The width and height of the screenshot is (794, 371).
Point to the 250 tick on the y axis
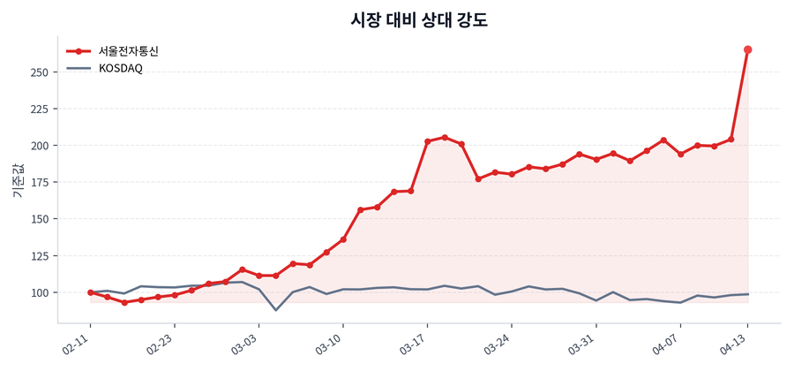click(x=40, y=72)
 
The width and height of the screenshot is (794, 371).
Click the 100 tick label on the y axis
click(x=40, y=292)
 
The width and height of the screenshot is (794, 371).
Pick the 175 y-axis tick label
click(x=40, y=182)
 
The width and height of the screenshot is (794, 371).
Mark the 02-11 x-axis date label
click(x=78, y=341)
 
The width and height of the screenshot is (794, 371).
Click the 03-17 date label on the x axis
click(x=415, y=341)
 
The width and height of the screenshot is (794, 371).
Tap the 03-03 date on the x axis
click(x=246, y=341)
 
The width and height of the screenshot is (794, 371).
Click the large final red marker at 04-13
click(x=748, y=49)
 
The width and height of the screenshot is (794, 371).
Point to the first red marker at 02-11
click(x=90, y=292)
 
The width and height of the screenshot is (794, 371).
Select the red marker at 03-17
click(x=428, y=141)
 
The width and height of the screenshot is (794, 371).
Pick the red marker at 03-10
click(x=343, y=239)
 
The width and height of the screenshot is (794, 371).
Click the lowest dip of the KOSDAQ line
click(x=276, y=310)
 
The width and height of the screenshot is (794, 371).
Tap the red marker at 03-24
click(x=512, y=174)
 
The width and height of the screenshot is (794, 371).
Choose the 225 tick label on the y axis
click(x=40, y=109)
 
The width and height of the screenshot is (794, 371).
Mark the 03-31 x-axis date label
click(x=583, y=341)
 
